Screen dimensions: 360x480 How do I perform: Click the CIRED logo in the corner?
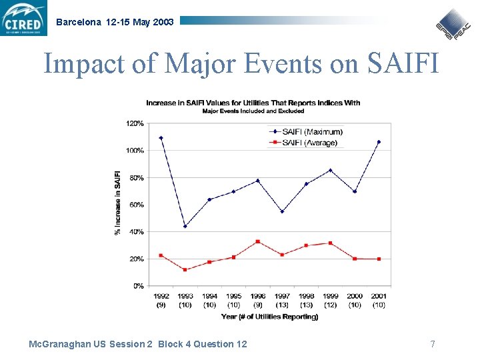(24, 18)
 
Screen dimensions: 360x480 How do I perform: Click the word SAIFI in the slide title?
(403, 63)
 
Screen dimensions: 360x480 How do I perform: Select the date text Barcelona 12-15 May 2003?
(115, 22)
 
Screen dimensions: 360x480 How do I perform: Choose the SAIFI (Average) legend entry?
(303, 143)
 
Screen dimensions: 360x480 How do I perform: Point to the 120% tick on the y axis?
(135, 123)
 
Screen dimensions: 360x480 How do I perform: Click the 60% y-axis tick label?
(136, 205)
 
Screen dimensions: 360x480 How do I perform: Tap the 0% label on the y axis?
(138, 285)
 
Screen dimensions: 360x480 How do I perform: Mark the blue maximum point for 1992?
(161, 138)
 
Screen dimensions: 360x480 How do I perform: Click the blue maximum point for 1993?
(185, 226)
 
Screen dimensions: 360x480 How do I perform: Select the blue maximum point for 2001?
(379, 142)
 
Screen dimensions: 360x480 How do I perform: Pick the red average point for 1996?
(257, 241)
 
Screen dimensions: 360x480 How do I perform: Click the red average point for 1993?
(185, 270)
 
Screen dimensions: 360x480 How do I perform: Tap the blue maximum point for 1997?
(282, 211)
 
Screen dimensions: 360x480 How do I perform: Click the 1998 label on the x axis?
(306, 296)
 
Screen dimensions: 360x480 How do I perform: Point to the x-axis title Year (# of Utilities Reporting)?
(269, 316)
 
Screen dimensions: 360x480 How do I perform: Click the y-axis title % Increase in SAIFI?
(118, 203)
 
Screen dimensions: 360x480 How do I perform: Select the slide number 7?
(433, 344)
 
